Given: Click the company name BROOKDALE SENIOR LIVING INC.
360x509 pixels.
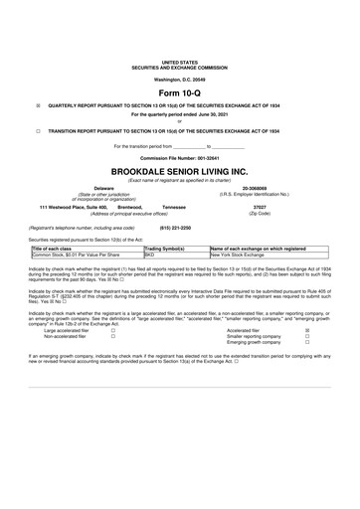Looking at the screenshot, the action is tap(180, 170).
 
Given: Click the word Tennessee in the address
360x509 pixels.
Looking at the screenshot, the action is tap(173, 207).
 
